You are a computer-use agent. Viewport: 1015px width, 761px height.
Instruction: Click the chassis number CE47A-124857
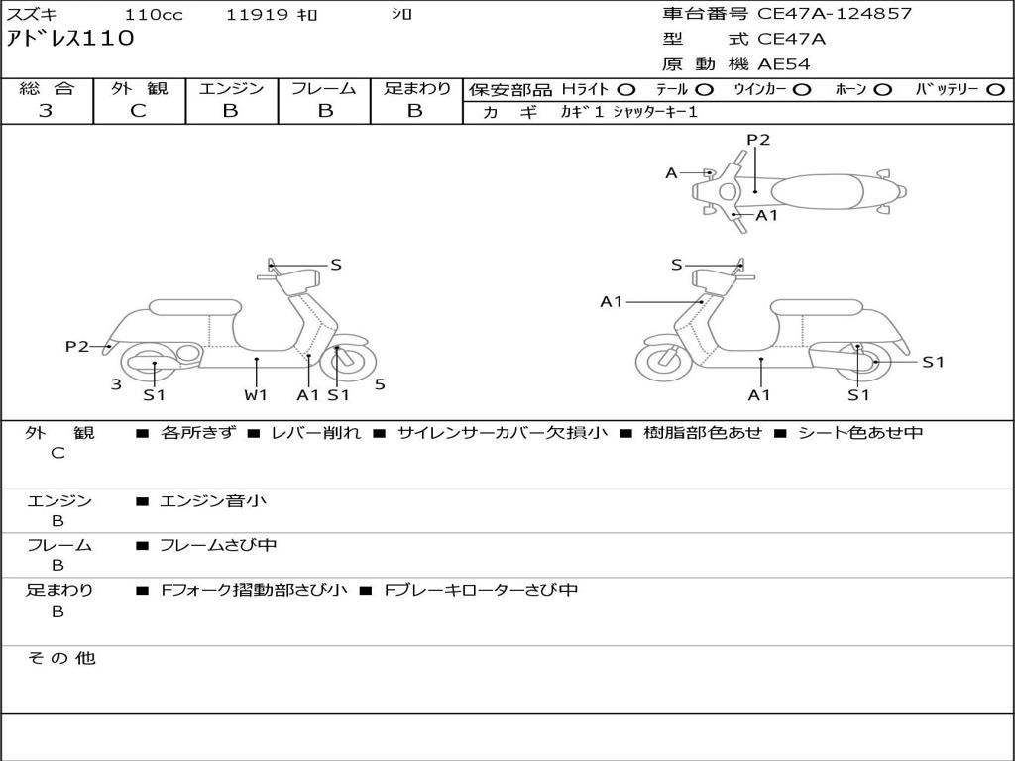(x=835, y=14)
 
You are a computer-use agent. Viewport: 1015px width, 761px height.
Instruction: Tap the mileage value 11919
(x=257, y=14)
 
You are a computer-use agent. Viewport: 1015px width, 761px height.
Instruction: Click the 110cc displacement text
(x=154, y=14)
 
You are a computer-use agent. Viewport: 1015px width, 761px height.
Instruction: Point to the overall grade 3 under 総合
(x=46, y=110)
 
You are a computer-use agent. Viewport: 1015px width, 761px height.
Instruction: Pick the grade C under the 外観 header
(x=138, y=110)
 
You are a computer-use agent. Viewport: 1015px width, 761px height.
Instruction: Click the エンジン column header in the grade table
(x=231, y=88)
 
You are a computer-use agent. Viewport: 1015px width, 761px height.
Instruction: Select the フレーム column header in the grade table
(x=324, y=88)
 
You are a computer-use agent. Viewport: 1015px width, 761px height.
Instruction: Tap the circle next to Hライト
(x=626, y=90)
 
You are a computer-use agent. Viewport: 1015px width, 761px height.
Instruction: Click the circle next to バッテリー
(x=995, y=90)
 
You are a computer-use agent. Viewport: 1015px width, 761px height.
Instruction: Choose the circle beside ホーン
(x=882, y=90)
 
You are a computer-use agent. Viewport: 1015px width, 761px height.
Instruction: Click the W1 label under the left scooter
(x=256, y=394)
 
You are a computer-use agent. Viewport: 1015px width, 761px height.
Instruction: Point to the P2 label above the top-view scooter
(x=758, y=139)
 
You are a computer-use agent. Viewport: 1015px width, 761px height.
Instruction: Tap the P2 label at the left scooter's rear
(x=77, y=346)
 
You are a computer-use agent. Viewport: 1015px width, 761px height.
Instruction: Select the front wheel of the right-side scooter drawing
(x=664, y=359)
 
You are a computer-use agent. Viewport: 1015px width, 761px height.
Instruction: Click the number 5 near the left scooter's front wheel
(x=380, y=384)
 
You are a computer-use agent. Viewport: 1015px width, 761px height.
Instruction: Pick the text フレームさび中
(x=218, y=546)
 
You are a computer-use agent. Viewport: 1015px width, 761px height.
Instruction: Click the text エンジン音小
(x=213, y=500)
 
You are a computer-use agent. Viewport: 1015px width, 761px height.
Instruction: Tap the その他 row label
(x=60, y=658)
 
